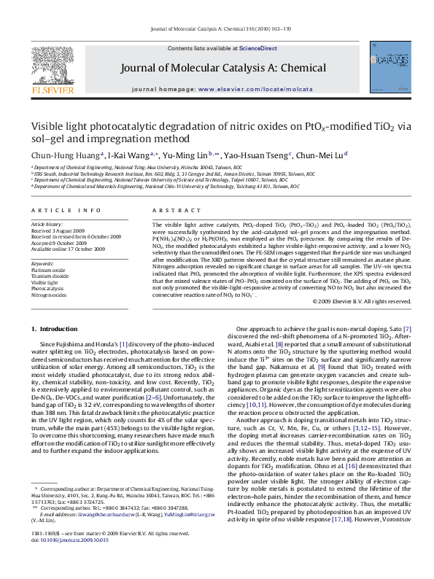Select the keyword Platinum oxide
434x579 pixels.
tap(48, 269)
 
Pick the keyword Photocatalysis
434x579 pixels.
tap(48, 289)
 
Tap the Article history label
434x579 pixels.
tap(47, 223)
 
